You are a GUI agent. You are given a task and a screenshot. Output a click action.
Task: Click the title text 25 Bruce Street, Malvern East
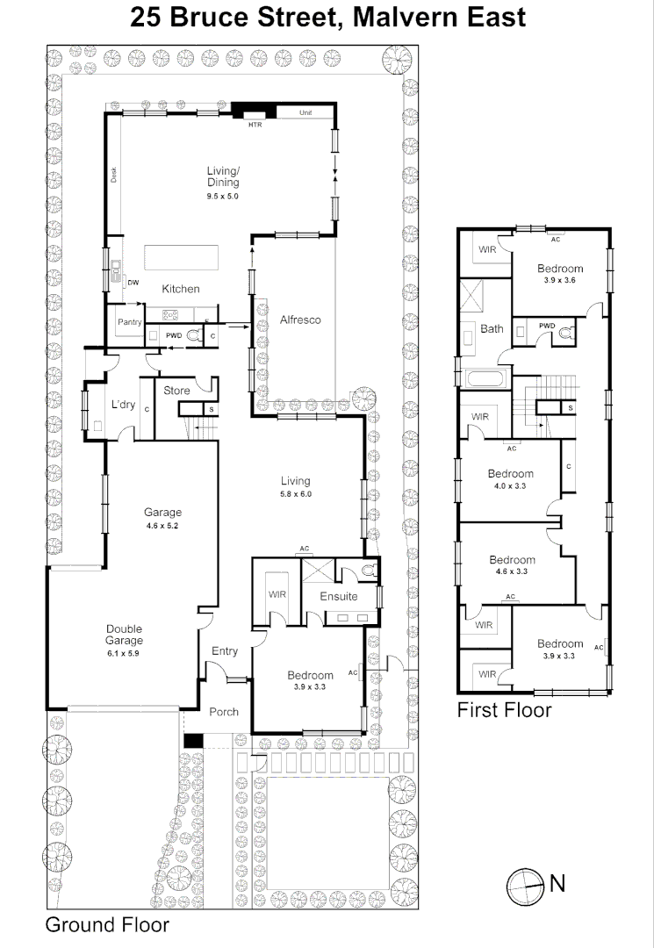click(x=327, y=17)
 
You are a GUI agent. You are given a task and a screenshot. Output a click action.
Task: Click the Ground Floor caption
click(x=107, y=924)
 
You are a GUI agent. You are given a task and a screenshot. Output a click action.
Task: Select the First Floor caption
click(x=504, y=709)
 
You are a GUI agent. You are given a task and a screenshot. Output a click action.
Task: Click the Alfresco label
click(x=300, y=320)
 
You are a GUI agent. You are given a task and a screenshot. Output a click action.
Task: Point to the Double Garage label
click(x=125, y=635)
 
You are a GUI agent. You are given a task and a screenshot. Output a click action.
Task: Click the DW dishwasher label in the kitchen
click(x=133, y=283)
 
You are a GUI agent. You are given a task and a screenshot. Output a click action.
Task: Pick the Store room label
click(x=176, y=391)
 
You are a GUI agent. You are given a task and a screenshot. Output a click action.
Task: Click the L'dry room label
click(x=123, y=405)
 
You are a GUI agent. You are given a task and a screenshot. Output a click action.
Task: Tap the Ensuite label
click(x=338, y=596)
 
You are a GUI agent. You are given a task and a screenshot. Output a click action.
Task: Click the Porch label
click(x=224, y=711)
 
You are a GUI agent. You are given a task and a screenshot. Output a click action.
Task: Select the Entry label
click(x=225, y=650)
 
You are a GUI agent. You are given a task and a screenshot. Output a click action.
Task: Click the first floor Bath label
click(x=492, y=329)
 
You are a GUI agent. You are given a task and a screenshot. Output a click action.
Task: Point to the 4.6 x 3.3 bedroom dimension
click(x=512, y=571)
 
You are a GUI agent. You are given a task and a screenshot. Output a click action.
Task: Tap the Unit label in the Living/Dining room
click(x=305, y=113)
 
